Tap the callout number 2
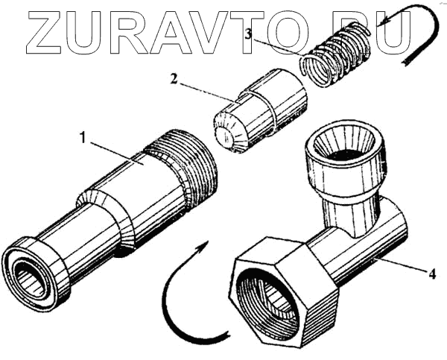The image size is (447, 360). pos(173,78)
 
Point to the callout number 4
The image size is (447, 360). pos(431,274)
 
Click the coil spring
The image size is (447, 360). pos(336,52)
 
